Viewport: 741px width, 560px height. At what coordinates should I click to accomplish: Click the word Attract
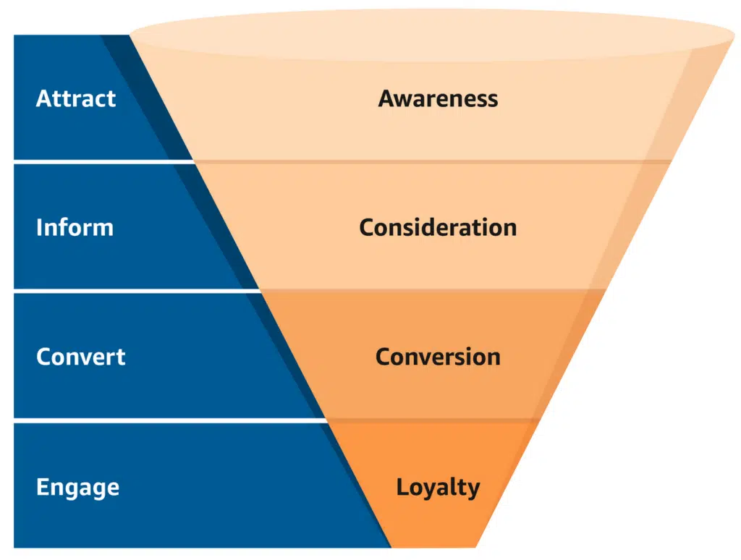75,98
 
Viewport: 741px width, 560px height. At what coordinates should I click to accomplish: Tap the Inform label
75,227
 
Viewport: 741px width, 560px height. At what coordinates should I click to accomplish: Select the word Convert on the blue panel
80,357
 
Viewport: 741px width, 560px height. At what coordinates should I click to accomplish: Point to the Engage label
77,487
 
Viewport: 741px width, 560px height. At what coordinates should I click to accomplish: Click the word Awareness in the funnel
438,98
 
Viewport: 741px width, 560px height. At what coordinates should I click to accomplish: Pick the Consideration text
438,227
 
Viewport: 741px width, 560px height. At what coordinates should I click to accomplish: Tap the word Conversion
438,357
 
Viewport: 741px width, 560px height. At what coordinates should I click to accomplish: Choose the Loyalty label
438,487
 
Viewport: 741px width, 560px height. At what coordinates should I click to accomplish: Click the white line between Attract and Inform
101,162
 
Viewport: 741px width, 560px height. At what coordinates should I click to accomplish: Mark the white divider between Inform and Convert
130,291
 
